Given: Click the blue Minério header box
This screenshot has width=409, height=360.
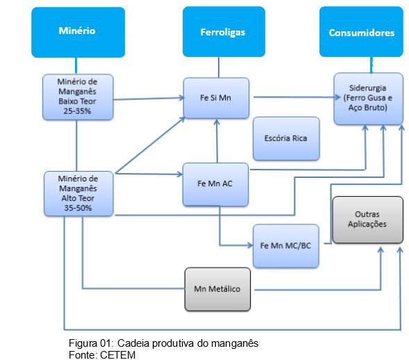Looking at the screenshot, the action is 78,32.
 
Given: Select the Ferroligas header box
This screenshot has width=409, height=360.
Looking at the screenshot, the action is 224,31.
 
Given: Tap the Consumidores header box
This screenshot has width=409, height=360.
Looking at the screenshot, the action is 361,31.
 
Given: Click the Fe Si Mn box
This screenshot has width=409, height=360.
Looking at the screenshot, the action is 216,98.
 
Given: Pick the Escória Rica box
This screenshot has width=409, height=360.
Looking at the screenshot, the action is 286,138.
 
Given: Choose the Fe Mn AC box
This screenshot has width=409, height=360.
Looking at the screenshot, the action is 215,184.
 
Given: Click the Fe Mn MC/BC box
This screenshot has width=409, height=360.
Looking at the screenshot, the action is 286,245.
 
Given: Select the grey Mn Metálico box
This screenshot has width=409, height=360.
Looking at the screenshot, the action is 217,289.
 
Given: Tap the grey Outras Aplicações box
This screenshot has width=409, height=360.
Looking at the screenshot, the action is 368,220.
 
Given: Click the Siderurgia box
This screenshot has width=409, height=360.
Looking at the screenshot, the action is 368,99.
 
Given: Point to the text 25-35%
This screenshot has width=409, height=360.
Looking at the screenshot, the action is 77,111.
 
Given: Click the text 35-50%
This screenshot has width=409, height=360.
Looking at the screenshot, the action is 78,208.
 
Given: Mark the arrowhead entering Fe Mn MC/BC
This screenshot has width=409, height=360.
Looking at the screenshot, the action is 250,245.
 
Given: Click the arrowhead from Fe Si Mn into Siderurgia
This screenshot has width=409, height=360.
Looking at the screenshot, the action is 338,97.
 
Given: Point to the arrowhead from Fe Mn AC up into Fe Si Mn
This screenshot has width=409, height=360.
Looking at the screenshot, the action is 217,122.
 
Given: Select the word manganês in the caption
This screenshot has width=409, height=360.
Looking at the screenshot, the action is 235,343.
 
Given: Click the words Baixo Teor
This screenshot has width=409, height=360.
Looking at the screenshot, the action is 77,101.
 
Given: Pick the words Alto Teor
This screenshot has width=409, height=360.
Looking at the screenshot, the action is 78,198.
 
